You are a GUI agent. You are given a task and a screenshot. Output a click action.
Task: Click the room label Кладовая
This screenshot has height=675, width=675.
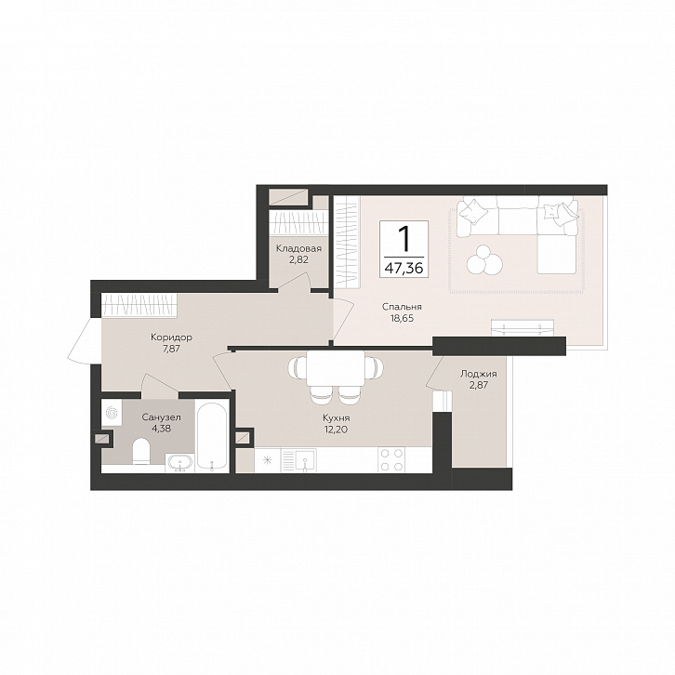[298, 248]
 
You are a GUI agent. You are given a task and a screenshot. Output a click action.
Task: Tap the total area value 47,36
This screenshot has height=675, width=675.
[404, 269]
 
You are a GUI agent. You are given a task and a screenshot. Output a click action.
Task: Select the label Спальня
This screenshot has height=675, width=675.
[402, 307]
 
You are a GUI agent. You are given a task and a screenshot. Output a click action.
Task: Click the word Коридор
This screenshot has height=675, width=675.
[171, 337]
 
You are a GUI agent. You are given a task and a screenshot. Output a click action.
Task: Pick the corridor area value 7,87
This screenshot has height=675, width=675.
[171, 349]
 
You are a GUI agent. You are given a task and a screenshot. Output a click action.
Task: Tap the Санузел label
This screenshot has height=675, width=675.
[162, 417]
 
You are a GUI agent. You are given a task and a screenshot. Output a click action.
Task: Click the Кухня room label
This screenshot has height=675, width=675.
[337, 418]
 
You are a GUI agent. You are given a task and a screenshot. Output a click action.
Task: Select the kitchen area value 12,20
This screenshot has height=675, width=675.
[337, 430]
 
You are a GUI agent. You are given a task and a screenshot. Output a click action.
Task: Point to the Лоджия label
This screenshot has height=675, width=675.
[479, 374]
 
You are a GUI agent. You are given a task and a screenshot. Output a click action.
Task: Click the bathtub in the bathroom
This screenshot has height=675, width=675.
[211, 436]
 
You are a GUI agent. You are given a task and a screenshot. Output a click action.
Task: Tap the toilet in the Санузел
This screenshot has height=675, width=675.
[141, 452]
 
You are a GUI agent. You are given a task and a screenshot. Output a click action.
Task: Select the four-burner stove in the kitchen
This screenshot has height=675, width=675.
[391, 459]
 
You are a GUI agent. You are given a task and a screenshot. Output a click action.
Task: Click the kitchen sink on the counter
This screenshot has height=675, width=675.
[305, 460]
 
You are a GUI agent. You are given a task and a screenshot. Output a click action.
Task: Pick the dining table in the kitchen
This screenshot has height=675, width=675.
[336, 368]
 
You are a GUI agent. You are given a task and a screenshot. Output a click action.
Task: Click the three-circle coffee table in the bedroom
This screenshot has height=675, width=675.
[484, 259]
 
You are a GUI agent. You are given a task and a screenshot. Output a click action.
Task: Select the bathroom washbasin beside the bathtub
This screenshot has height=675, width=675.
[180, 464]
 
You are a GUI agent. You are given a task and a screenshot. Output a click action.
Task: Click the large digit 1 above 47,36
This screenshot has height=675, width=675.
[404, 239]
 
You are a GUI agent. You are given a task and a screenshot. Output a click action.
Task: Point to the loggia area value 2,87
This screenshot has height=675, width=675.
[479, 385]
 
